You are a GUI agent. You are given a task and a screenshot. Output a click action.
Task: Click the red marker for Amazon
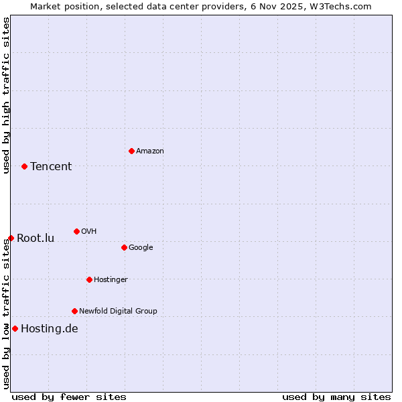point(131,151)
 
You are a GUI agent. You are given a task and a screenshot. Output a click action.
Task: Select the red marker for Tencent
point(24,166)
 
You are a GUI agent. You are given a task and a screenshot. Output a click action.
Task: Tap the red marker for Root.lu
point(11,238)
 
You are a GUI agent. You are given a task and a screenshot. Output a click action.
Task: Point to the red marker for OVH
point(76,231)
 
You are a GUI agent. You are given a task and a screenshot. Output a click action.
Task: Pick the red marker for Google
point(124,247)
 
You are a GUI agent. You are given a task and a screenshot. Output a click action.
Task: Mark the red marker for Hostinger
point(89,279)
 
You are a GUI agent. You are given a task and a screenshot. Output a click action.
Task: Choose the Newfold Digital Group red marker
point(74,311)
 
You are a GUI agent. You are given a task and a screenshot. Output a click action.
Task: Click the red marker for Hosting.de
point(15,328)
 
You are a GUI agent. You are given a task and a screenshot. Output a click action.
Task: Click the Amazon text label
point(149,151)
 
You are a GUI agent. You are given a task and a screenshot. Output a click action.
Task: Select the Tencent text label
point(51,167)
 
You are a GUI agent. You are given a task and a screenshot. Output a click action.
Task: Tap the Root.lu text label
point(36,239)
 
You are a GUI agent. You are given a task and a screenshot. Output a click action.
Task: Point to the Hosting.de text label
point(50,329)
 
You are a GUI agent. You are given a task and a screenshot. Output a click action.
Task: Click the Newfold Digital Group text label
point(118,311)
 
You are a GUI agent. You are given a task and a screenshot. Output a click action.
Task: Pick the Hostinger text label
point(111,279)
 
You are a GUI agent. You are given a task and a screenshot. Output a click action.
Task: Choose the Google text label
point(141,248)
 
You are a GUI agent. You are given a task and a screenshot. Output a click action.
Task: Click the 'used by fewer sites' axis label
point(69,397)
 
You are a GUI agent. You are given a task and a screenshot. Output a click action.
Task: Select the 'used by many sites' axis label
point(336,397)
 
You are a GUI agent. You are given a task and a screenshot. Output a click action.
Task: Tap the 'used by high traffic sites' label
point(6,95)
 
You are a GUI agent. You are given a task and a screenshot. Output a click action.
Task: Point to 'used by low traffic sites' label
point(6,314)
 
